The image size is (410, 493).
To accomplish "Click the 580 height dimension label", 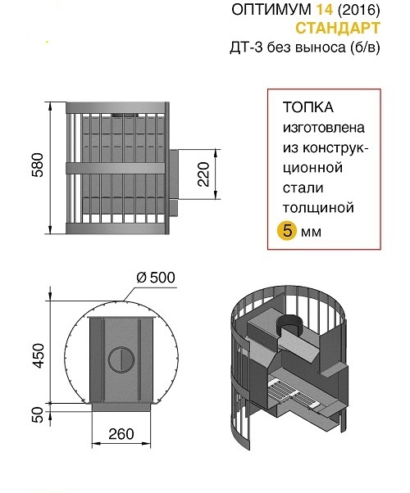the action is [38, 165].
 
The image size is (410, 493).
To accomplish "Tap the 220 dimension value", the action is [203, 174].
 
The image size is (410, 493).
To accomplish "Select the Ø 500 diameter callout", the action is [156, 278].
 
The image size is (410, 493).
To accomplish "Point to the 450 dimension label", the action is [39, 355].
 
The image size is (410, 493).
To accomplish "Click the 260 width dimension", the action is [121, 434].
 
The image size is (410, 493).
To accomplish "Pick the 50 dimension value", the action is [38, 414].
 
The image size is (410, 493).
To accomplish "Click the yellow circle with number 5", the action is [287, 231].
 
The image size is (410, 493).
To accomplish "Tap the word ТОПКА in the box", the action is [308, 107].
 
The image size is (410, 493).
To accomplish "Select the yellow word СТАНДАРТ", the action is [338, 29].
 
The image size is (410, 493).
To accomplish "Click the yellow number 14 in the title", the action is [324, 10].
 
